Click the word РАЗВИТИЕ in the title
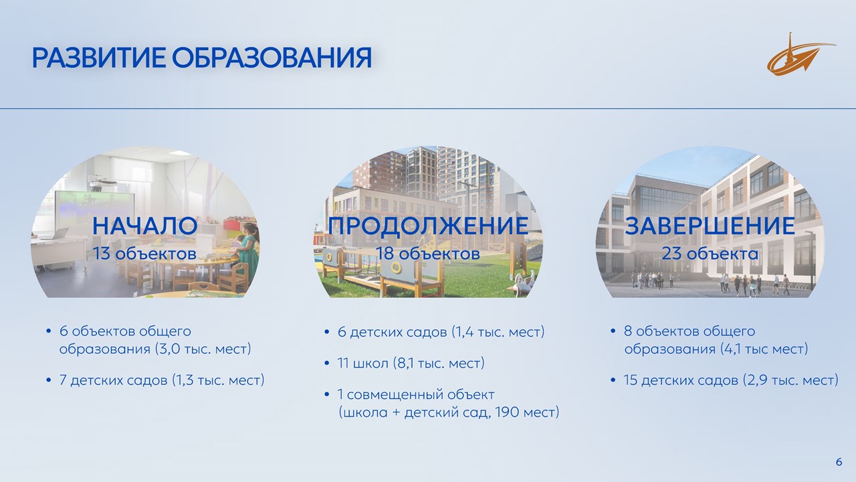(99, 58)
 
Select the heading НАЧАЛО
(145, 226)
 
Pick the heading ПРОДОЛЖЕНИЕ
(428, 226)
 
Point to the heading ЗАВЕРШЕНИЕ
(710, 226)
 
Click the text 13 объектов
(145, 254)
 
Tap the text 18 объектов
(428, 254)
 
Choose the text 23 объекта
(710, 254)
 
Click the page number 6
(839, 462)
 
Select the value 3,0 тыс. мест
(203, 349)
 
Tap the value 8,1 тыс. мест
(439, 363)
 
